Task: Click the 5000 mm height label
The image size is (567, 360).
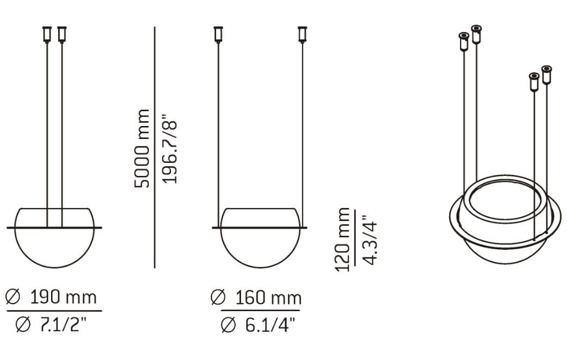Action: click(142, 148)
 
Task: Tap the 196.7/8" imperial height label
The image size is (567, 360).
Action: click(171, 148)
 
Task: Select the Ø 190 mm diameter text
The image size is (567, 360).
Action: click(51, 297)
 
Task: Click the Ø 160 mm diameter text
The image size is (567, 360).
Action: click(256, 298)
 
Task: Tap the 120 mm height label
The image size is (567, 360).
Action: click(343, 239)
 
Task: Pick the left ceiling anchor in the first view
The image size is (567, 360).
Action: click(47, 34)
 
